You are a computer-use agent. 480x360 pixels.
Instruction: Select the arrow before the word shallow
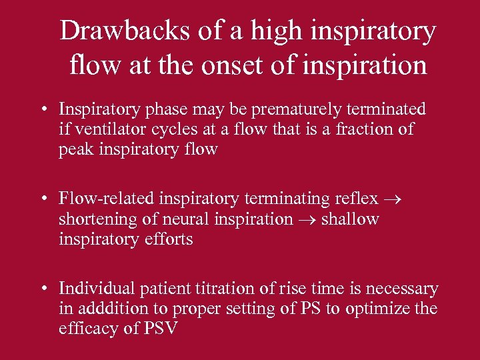click(307, 219)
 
